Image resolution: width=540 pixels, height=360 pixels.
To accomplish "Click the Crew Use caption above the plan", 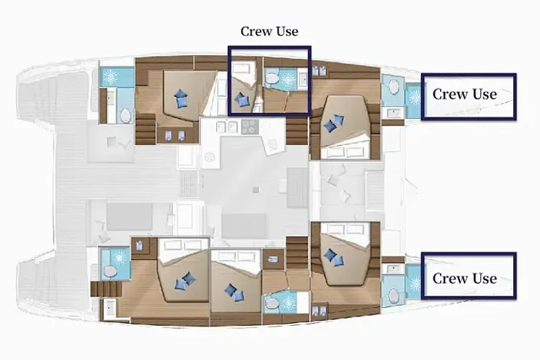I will coord(269,31).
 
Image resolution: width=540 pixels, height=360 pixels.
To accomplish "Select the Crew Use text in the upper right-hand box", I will coord(465,94).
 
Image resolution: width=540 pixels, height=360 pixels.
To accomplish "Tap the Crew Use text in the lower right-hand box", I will coord(465,279).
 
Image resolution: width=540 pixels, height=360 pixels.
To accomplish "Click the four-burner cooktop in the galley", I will coord(249,127).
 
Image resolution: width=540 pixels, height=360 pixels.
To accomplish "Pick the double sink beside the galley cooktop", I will coord(227,127).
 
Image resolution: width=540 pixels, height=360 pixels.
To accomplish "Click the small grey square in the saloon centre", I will coord(255,189).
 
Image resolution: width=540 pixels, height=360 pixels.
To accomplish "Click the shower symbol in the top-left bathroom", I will coord(112,77).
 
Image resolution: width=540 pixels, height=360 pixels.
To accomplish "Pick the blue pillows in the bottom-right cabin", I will coord(332,256).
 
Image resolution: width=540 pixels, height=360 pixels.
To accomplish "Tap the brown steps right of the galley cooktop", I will coord(295,131).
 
